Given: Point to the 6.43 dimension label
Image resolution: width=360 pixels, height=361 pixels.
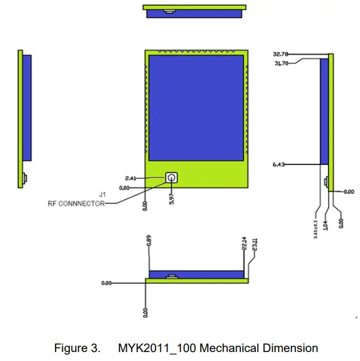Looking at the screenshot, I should (x=279, y=164).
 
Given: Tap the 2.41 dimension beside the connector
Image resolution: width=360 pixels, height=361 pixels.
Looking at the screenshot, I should (x=131, y=178).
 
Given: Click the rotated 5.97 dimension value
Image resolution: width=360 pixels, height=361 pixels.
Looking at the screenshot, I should (x=172, y=199).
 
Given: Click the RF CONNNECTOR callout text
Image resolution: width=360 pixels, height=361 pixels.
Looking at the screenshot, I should (x=76, y=203).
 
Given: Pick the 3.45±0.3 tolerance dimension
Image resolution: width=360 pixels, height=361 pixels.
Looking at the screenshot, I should (x=316, y=229).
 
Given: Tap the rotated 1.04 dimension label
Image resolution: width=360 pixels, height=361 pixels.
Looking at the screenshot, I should (x=325, y=225).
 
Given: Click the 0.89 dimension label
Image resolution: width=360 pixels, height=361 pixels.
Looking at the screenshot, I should (x=149, y=240).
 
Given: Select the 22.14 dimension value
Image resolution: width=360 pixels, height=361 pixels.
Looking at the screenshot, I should (x=244, y=244).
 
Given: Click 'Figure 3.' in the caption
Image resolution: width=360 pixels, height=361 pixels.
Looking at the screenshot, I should (x=77, y=348).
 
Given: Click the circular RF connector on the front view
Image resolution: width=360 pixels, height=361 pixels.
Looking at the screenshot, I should (x=172, y=178).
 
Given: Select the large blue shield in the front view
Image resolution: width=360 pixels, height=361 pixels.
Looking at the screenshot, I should (x=196, y=108).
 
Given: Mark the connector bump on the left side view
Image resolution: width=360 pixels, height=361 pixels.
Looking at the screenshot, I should (x=25, y=178).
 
